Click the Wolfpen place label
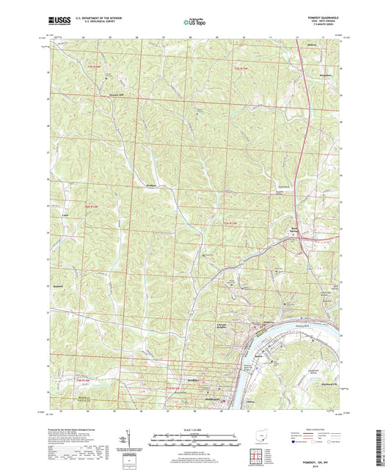tap(152, 188)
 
